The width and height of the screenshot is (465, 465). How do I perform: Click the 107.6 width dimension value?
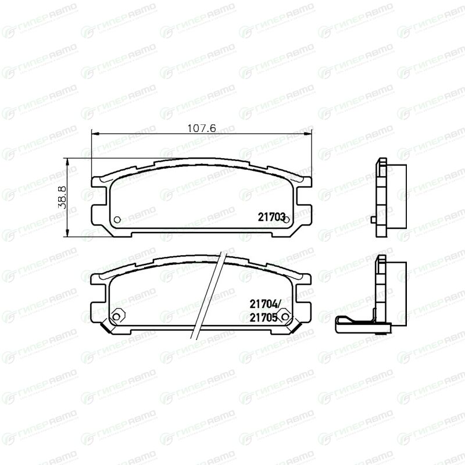pyautogui.click(x=202, y=128)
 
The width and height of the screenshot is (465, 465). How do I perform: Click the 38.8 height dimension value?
pyautogui.click(x=62, y=197)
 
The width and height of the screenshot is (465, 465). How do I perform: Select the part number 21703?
pyautogui.click(x=271, y=217)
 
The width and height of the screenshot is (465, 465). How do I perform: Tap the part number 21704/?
pyautogui.click(x=265, y=303)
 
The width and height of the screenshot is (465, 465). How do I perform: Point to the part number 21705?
pyautogui.click(x=263, y=317)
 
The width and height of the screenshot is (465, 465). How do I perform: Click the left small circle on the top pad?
pyautogui.click(x=117, y=220)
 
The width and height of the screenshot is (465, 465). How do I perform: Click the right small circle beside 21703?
pyautogui.click(x=287, y=220)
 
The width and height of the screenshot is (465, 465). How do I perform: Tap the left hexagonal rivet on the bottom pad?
pyautogui.click(x=117, y=316)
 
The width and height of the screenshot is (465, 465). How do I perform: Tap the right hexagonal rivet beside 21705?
pyautogui.click(x=285, y=316)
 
